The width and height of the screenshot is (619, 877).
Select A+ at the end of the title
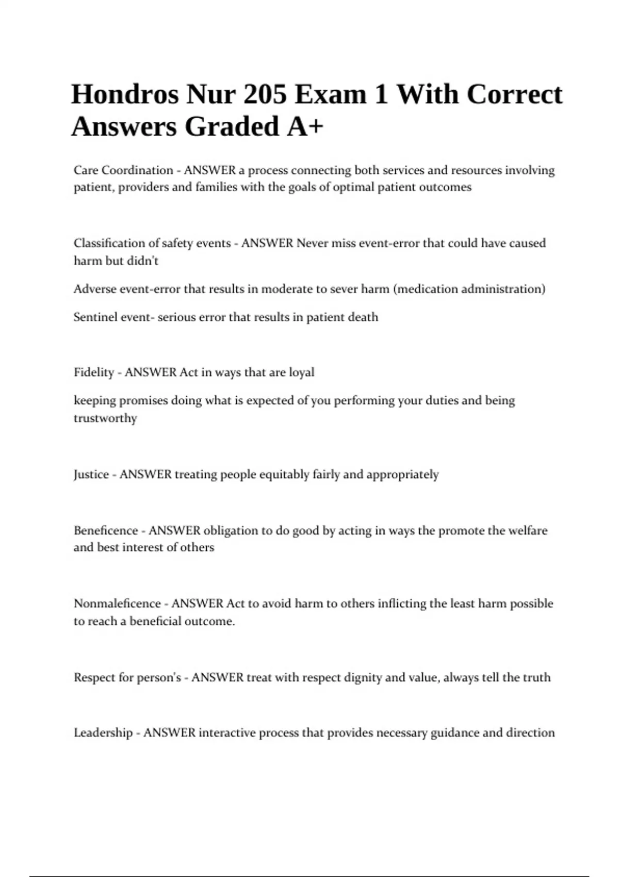(x=305, y=126)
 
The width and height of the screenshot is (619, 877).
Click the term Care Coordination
(x=123, y=170)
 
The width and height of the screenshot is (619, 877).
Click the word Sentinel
(x=95, y=317)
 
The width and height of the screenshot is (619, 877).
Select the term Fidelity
(x=93, y=372)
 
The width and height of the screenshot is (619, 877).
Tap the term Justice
(x=91, y=475)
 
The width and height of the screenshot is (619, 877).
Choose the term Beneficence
(x=106, y=530)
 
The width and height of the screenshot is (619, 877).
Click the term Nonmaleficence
(x=117, y=604)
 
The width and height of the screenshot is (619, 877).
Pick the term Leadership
(x=103, y=733)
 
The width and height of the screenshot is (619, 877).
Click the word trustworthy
(x=105, y=418)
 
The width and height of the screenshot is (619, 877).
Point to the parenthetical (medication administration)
(x=469, y=289)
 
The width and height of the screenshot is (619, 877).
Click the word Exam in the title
(x=330, y=94)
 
